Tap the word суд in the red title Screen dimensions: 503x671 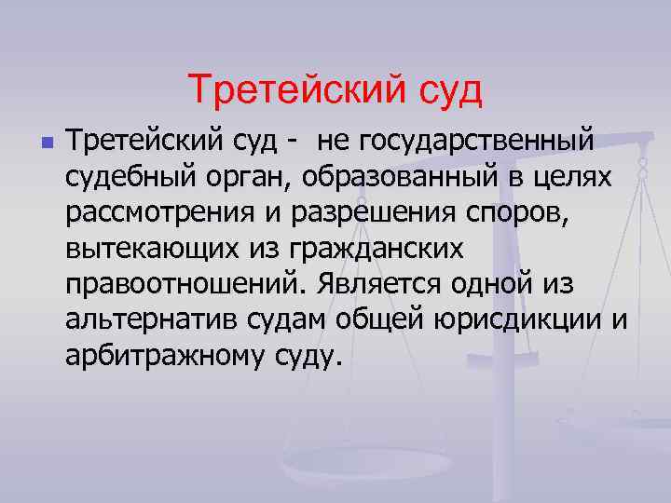tap(447, 89)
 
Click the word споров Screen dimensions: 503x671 tap(517, 213)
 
